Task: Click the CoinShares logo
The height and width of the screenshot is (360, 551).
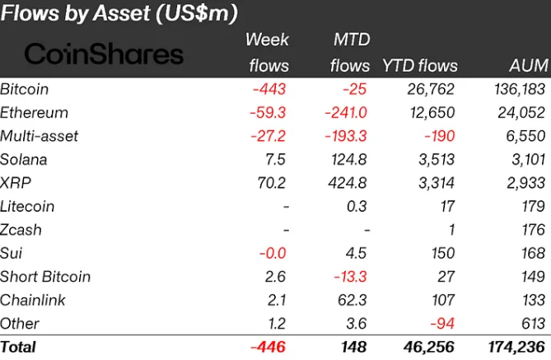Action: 104,54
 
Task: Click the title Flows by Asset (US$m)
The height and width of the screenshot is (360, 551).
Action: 120,13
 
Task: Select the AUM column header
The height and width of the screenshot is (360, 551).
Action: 528,66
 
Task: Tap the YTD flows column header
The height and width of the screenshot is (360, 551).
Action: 421,66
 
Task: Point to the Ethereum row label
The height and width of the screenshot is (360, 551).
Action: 34,112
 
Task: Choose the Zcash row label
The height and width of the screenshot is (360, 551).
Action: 21,230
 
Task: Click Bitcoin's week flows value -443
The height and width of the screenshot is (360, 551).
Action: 272,89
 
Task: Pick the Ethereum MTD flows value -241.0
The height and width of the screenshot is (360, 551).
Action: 348,112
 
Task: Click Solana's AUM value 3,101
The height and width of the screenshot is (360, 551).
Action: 526,159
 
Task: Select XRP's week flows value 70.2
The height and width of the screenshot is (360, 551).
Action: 273,183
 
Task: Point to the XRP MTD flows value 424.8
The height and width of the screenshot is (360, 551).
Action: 349,183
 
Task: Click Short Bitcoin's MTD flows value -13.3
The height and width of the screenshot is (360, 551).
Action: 351,277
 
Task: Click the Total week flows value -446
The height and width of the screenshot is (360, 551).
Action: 270,348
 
